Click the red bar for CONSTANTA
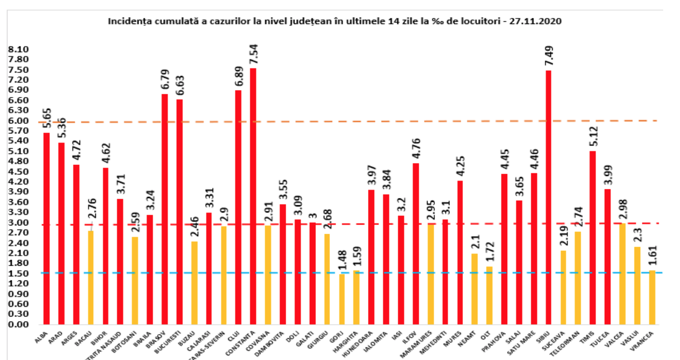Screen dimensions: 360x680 pyautogui.click(x=253, y=196)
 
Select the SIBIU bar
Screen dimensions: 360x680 pyautogui.click(x=548, y=197)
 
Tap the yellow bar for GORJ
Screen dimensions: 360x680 pyautogui.click(x=342, y=299)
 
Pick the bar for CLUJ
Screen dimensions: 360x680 pyautogui.click(x=238, y=207)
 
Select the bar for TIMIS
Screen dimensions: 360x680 pyautogui.click(x=592, y=238)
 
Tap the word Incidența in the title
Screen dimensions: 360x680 pyautogui.click(x=125, y=21)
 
